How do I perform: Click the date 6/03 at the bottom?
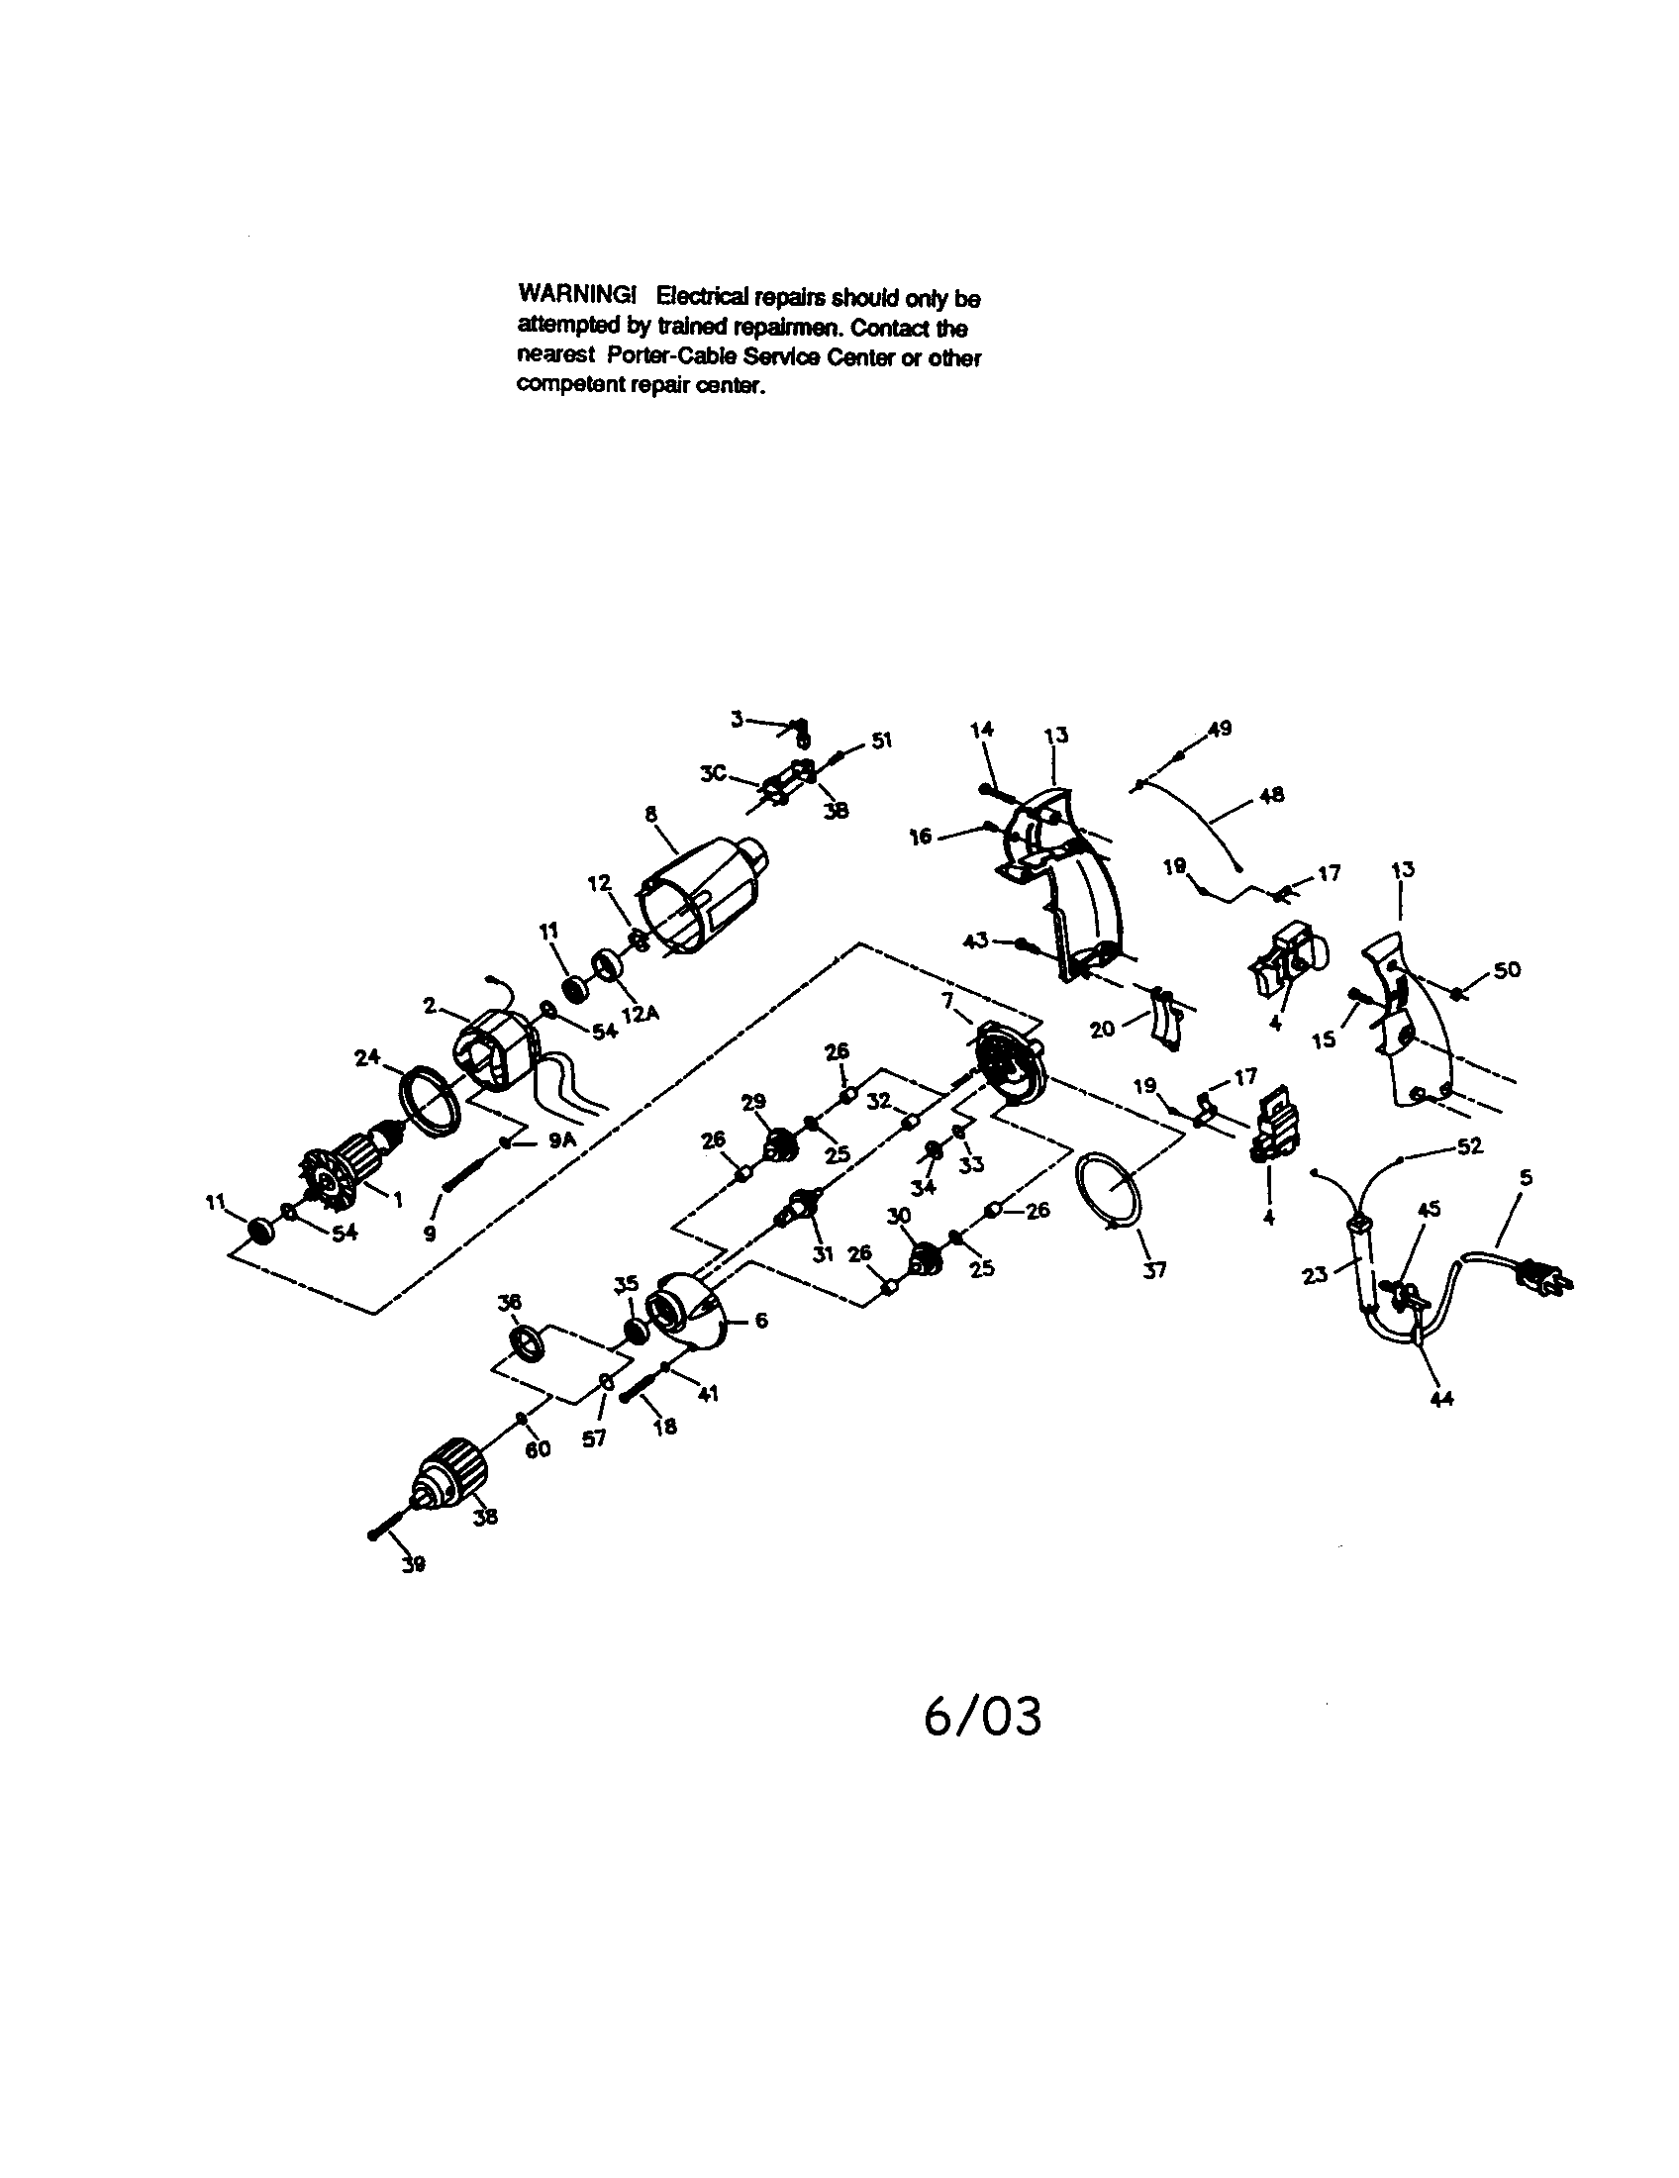click(982, 1718)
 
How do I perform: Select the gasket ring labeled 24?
click(430, 1100)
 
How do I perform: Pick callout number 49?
click(1219, 729)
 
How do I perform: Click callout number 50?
click(1508, 968)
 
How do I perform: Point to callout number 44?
click(1441, 1398)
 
